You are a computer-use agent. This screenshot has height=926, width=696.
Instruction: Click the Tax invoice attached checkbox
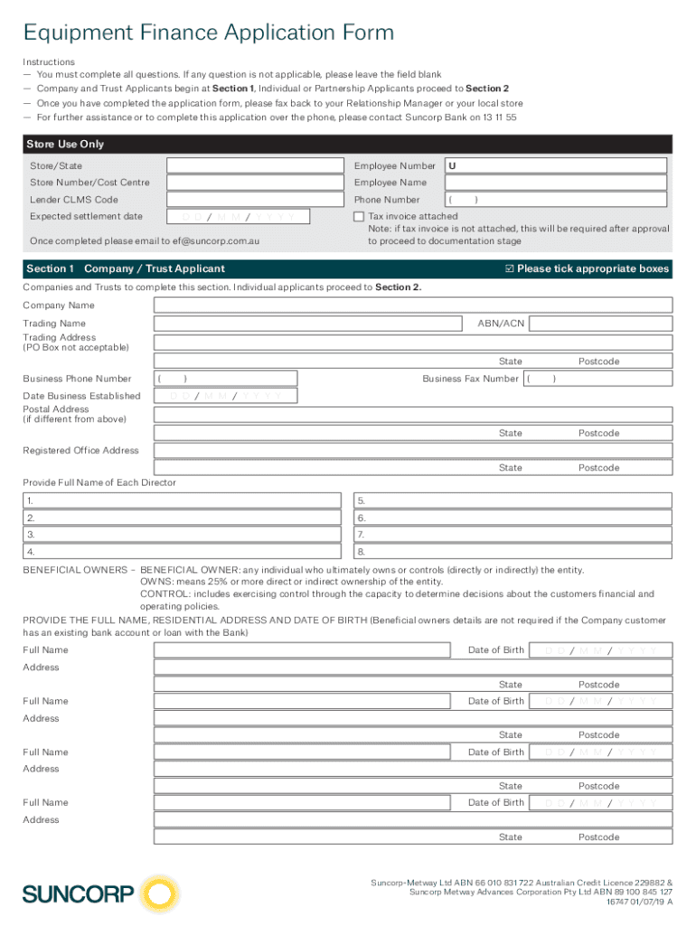coord(359,217)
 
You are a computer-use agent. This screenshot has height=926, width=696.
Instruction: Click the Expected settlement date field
coord(238,217)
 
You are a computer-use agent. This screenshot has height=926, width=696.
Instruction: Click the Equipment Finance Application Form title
coord(209,33)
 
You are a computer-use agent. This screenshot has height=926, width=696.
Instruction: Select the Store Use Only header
coord(67,144)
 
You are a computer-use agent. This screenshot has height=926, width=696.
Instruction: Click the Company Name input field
coord(413,306)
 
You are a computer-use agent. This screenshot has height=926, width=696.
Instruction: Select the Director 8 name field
coord(513,552)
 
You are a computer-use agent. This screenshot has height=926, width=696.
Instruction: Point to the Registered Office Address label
coord(80,450)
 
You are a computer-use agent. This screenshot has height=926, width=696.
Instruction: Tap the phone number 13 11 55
coord(499,118)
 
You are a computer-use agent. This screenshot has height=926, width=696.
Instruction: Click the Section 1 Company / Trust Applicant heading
coord(126,269)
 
